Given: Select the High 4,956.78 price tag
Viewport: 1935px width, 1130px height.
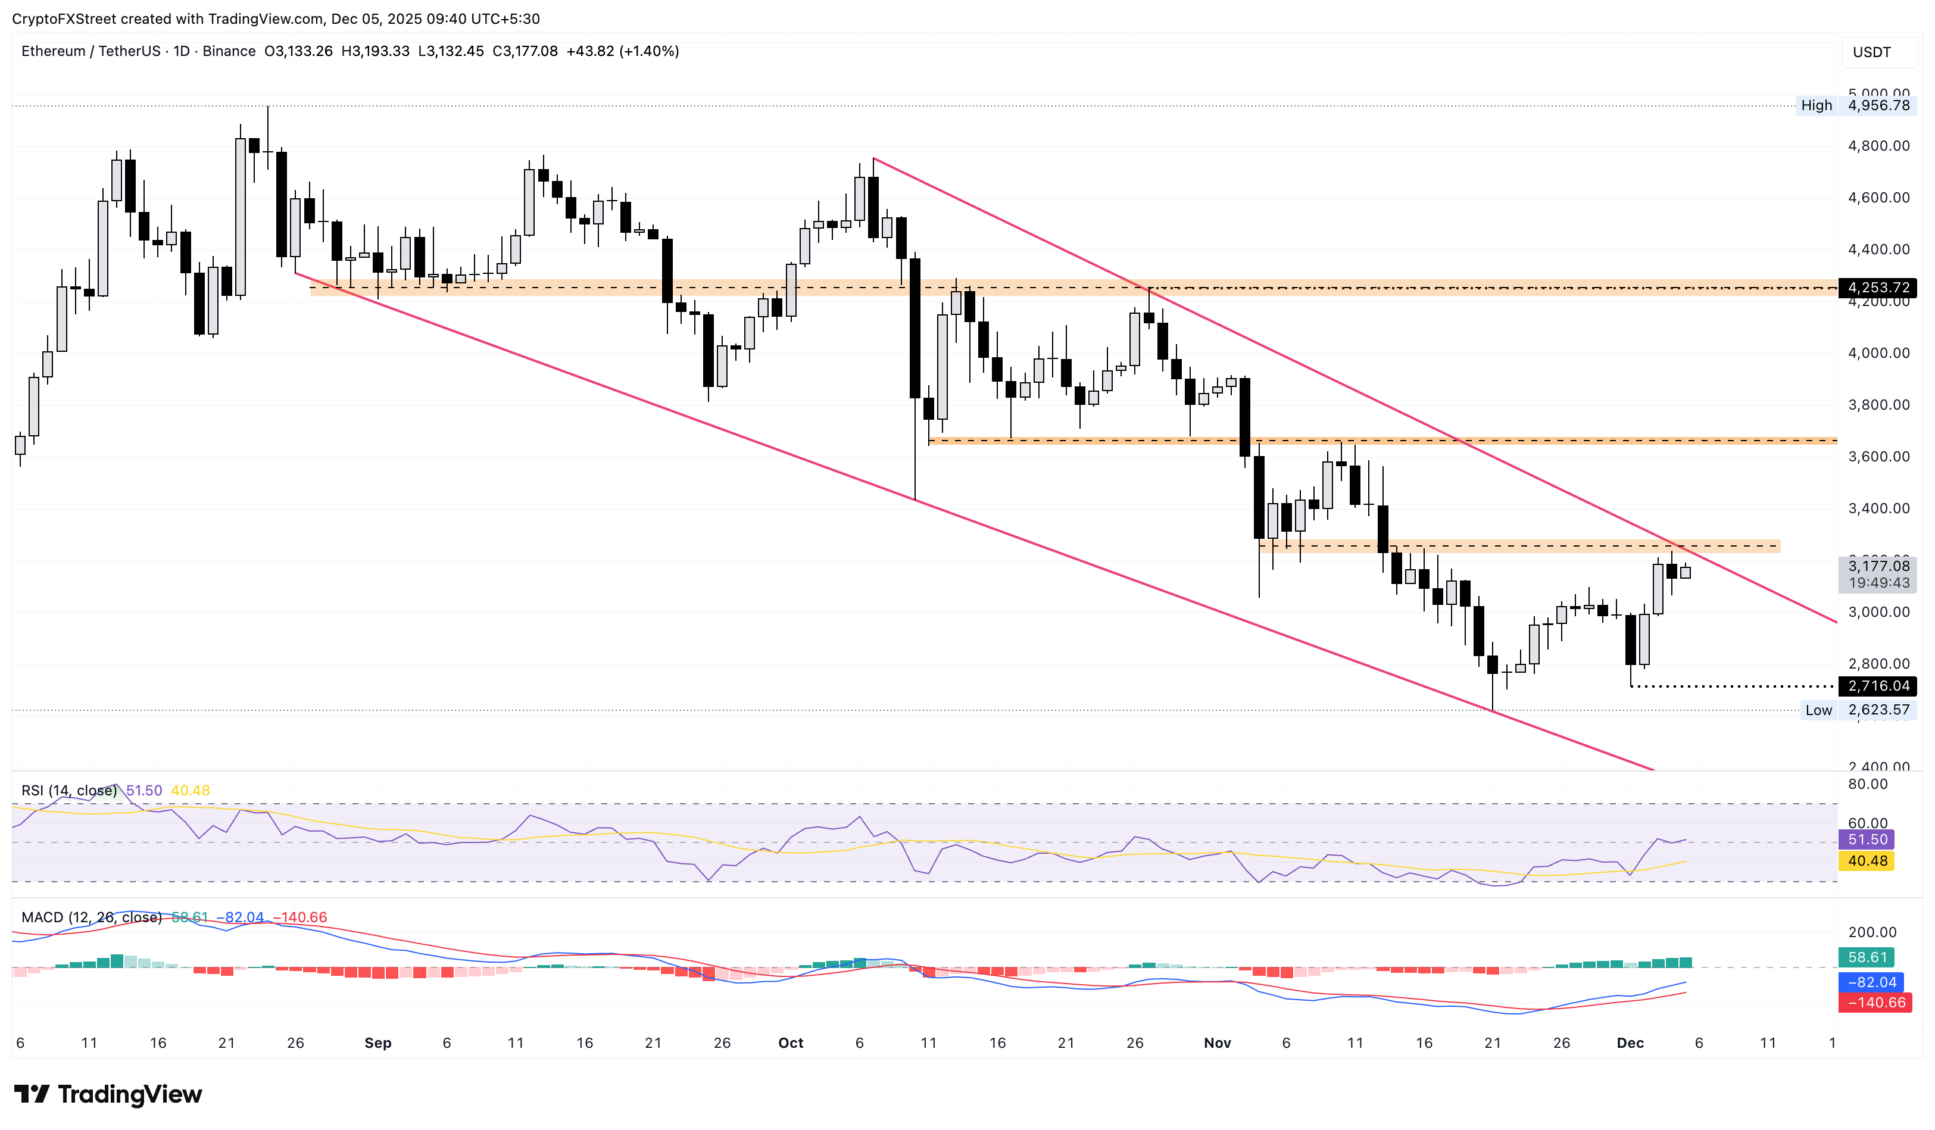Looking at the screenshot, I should (x=1856, y=105).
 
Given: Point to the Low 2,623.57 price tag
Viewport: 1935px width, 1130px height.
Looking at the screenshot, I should (x=1858, y=710).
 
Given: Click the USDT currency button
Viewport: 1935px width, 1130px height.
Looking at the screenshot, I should (x=1871, y=52).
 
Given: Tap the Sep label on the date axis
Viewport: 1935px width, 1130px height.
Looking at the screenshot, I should (x=378, y=1043).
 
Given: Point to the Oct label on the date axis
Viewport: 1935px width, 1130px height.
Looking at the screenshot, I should (x=790, y=1043).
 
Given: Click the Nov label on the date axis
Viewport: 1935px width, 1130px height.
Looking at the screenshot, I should (x=1217, y=1043).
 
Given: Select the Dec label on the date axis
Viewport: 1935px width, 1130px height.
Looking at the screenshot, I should (x=1630, y=1043).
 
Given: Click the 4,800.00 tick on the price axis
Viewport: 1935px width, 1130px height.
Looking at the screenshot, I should (x=1878, y=146).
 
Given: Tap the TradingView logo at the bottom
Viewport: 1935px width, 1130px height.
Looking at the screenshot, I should (x=108, y=1095).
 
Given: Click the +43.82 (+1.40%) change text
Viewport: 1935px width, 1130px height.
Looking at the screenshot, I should (x=622, y=51).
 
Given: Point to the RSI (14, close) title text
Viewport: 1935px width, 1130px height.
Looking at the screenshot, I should (x=69, y=791).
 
